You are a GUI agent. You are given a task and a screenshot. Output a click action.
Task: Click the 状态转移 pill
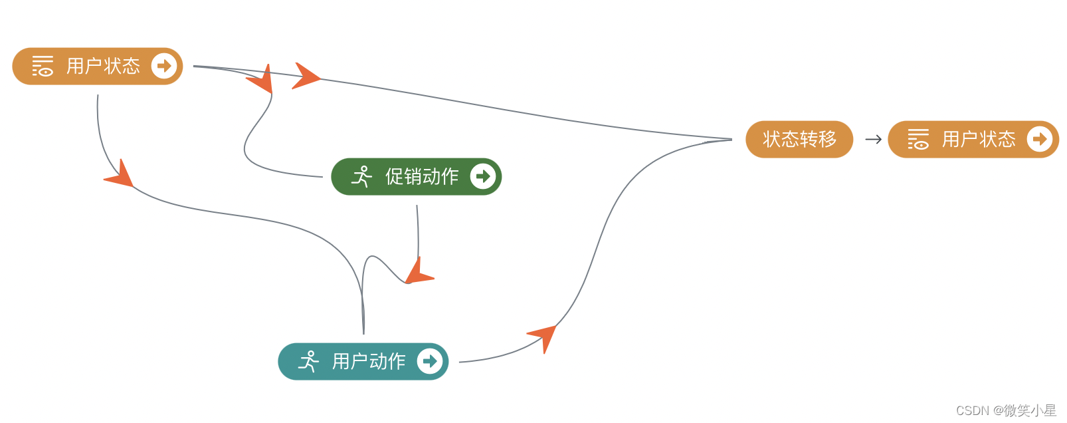pyautogui.click(x=799, y=139)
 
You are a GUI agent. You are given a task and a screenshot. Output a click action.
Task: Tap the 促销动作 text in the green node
pyautogui.click(x=422, y=176)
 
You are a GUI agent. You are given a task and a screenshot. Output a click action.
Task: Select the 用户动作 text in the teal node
pyautogui.click(x=369, y=361)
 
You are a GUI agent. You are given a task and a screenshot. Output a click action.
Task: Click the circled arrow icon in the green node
pyautogui.click(x=483, y=176)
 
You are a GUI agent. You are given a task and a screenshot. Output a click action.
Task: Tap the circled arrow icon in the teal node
pyautogui.click(x=430, y=361)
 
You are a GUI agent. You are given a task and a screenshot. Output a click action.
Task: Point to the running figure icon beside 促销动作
pyautogui.click(x=361, y=176)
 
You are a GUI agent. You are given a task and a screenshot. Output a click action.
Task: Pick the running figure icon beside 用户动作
pyautogui.click(x=308, y=361)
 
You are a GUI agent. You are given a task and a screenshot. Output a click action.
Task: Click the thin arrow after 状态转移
pyautogui.click(x=873, y=139)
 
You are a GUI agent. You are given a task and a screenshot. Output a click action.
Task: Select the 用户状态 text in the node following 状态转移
pyautogui.click(x=979, y=139)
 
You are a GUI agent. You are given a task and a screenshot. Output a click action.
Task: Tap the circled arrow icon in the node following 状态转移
pyautogui.click(x=1040, y=139)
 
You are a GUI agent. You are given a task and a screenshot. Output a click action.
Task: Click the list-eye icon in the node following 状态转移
pyautogui.click(x=918, y=139)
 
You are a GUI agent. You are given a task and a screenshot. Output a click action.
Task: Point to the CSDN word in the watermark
pyautogui.click(x=972, y=410)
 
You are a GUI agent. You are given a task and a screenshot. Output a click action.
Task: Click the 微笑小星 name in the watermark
pyautogui.click(x=1030, y=410)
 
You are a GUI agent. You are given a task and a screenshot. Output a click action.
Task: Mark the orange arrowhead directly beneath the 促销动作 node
pyautogui.click(x=418, y=273)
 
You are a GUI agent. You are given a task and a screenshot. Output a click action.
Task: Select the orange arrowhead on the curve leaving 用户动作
pyautogui.click(x=544, y=336)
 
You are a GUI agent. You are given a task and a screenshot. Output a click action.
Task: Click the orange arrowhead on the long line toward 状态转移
pyautogui.click(x=305, y=76)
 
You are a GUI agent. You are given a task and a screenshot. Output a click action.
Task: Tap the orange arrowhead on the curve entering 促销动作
pyautogui.click(x=262, y=80)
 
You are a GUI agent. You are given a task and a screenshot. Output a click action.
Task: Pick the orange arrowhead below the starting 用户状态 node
pyautogui.click(x=120, y=174)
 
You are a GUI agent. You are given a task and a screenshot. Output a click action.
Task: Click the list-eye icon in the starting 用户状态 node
pyautogui.click(x=43, y=66)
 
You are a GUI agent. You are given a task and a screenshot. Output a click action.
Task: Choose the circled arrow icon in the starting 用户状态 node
pyautogui.click(x=164, y=66)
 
